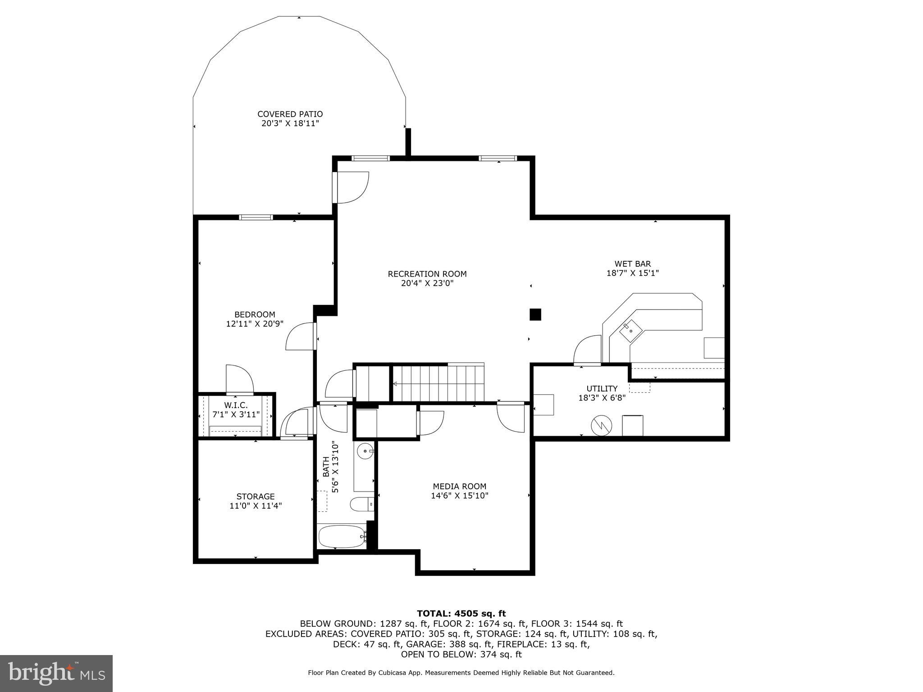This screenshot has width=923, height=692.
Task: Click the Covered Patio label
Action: (x=290, y=114)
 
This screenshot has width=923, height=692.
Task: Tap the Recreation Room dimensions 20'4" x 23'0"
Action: (x=427, y=283)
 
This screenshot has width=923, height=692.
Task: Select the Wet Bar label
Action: (x=632, y=264)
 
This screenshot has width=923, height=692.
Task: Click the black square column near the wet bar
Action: (x=535, y=314)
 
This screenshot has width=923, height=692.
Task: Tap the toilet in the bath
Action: (x=361, y=505)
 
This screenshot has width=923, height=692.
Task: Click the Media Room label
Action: (x=459, y=487)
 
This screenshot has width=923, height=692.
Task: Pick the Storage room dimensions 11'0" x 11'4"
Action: (x=256, y=506)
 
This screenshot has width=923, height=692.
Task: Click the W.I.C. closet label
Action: (x=236, y=405)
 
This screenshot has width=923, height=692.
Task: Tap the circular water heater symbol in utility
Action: (x=601, y=425)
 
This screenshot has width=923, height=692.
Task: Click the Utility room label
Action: (x=602, y=389)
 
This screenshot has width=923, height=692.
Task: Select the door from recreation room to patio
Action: (x=352, y=187)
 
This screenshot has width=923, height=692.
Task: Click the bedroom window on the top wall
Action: (x=256, y=217)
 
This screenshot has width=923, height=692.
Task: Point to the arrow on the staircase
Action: (x=395, y=384)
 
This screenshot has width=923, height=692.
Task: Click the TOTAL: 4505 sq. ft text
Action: (x=461, y=614)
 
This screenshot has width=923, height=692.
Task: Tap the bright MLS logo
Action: (x=56, y=673)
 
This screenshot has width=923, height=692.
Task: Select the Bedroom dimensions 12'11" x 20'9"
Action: (x=255, y=324)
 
